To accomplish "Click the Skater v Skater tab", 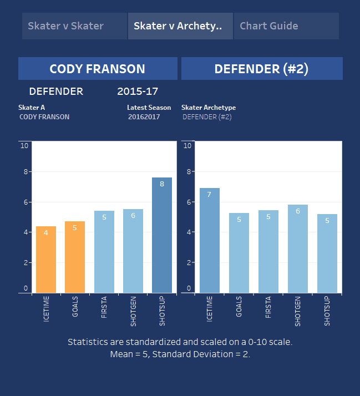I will coord(74,26).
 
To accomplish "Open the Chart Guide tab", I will coord(286,26).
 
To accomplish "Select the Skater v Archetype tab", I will coord(180,26).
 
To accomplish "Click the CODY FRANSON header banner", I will coord(98,69).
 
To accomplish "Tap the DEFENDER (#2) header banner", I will coord(261,69).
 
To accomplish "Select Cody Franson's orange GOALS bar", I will coord(75,257).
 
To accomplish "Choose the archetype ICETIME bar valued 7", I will coord(210,240).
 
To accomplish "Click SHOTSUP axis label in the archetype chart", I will coord(327,311).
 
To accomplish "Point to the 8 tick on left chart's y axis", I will coord(24,172).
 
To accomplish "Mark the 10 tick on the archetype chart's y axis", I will coord(187,146).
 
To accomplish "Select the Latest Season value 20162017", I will coord(144,117).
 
